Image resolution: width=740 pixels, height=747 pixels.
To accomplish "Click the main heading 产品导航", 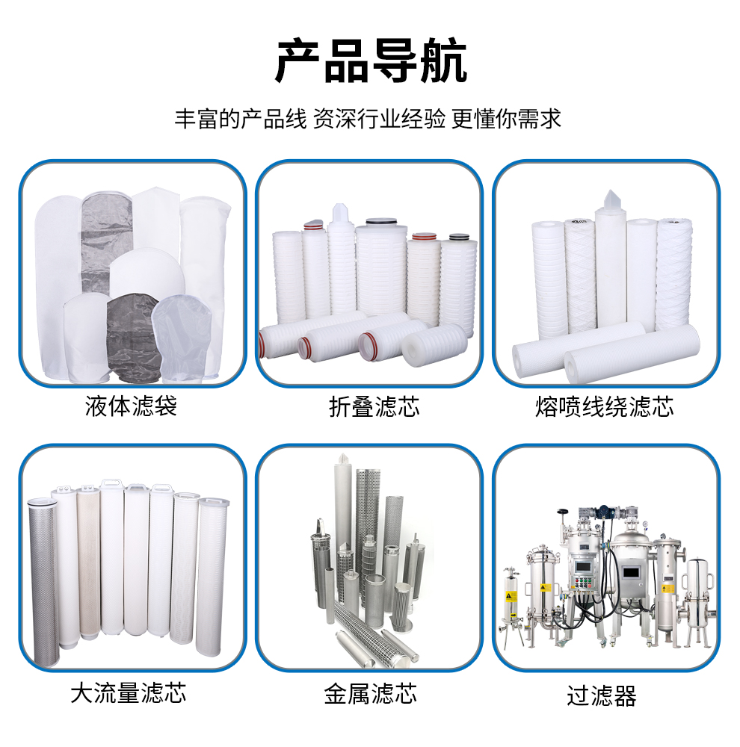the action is point(371,61).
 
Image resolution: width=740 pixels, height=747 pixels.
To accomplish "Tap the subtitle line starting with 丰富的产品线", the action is point(368,119).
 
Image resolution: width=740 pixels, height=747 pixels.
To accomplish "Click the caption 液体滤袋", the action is point(131,406).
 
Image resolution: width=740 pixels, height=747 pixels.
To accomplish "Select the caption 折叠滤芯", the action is point(374,407).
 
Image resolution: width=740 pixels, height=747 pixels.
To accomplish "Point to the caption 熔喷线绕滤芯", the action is point(605,407).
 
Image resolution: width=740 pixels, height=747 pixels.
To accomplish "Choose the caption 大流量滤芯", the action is point(129,692).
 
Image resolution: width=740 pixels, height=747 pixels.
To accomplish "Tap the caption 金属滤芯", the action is point(371,693).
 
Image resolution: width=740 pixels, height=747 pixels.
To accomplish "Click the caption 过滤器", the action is point(602,695).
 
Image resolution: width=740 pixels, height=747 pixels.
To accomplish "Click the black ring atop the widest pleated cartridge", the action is point(381,222).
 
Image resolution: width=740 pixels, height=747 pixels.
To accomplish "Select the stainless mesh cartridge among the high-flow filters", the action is point(43,581).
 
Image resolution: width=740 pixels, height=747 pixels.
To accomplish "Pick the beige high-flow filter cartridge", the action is point(89,562).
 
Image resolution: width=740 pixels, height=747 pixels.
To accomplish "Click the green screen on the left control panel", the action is point(583,567).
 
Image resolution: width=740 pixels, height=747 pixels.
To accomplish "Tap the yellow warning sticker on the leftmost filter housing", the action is point(511,596).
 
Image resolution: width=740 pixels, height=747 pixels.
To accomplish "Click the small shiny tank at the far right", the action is point(697,601).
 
